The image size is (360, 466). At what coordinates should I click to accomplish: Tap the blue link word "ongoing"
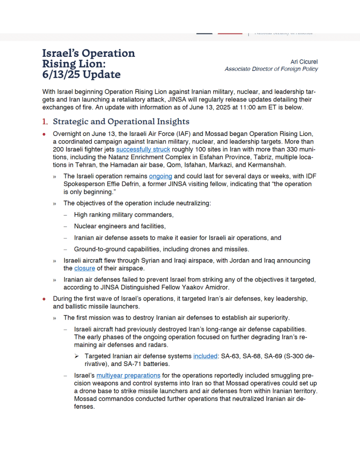(160, 176)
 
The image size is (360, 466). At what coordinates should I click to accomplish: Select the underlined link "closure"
(85, 268)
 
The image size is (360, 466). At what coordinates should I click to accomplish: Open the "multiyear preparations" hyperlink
(128, 375)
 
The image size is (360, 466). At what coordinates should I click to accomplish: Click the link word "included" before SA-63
(205, 356)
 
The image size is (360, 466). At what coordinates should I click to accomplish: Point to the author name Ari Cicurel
(304, 62)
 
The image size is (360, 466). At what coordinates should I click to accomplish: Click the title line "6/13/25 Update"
(81, 74)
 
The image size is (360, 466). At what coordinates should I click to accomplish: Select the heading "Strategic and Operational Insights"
(121, 121)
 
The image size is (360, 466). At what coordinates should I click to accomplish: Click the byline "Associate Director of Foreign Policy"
(271, 69)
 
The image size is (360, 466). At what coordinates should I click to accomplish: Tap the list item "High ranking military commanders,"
(124, 215)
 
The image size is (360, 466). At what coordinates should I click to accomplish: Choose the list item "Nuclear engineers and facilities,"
(120, 226)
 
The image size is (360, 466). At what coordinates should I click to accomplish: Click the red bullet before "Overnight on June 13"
(44, 134)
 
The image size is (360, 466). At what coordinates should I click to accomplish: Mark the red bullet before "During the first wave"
(44, 299)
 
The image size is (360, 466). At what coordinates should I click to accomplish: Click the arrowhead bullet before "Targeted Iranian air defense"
(77, 356)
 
